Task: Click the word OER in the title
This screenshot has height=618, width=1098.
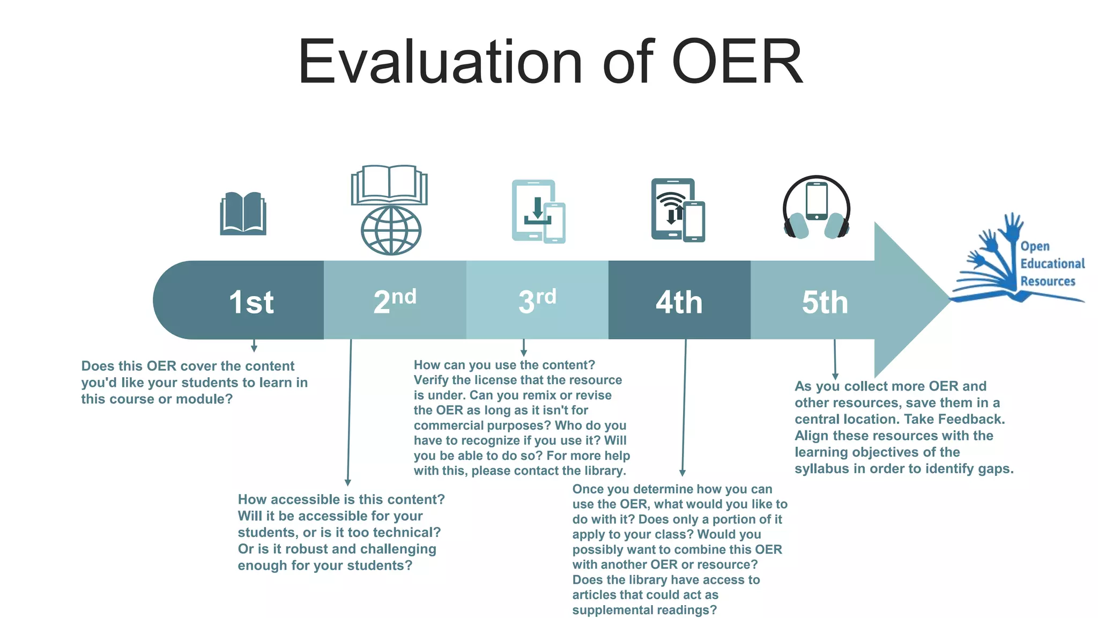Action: coord(737,62)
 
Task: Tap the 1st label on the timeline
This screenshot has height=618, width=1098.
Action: coord(251,302)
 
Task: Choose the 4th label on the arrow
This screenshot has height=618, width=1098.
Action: coord(679,303)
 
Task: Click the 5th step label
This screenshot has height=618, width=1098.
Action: coord(825,303)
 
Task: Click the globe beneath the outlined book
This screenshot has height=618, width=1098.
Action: coord(391,231)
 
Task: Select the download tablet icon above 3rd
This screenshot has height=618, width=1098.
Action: coord(534,210)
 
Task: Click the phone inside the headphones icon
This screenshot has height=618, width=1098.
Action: coord(817,201)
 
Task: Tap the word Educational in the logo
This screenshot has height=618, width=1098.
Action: coord(1052,264)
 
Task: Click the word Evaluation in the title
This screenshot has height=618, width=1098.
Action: coord(440,62)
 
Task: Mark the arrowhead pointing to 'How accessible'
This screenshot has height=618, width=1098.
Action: coord(348,483)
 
